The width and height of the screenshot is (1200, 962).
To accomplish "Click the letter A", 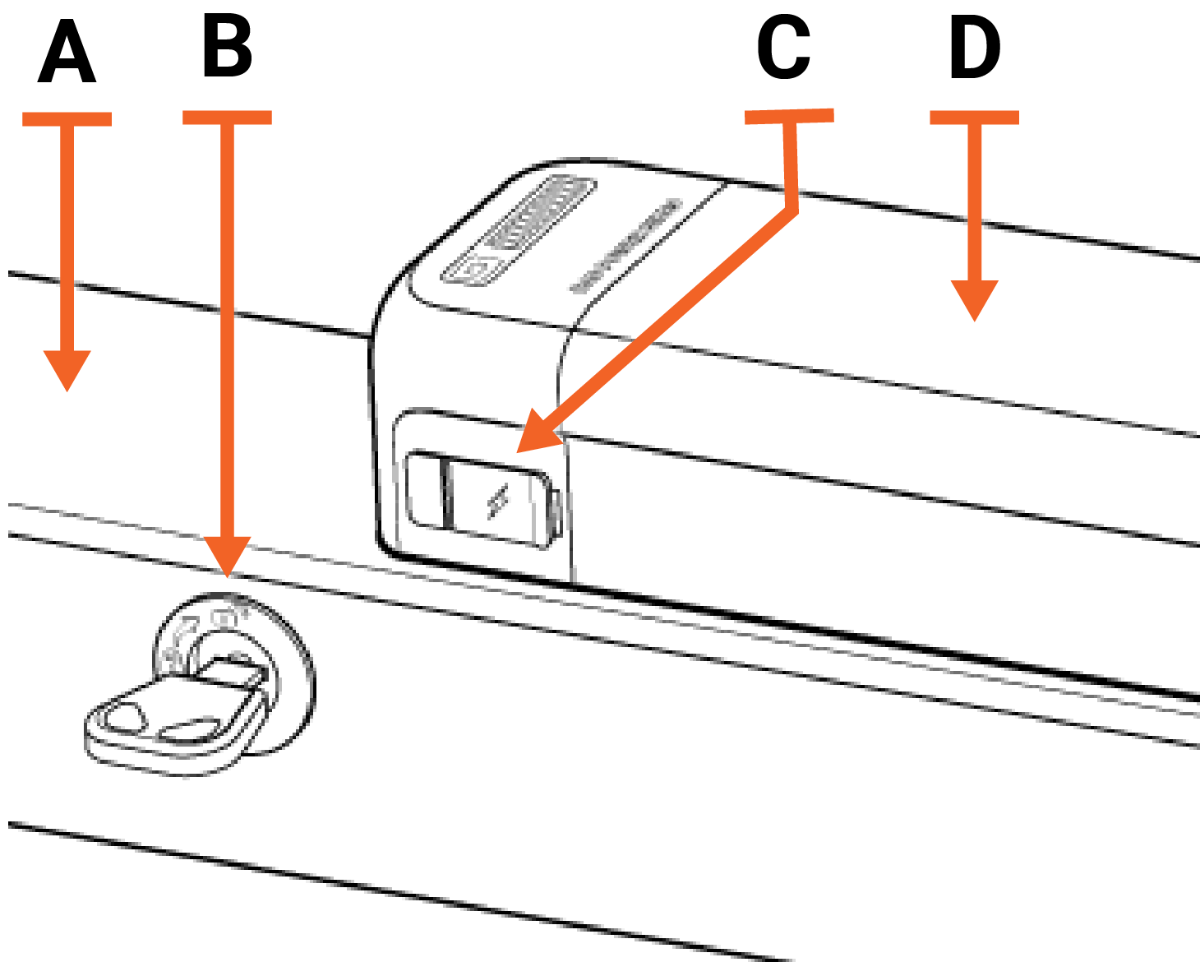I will pos(67,54).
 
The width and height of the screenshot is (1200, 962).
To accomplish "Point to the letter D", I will pos(975,51).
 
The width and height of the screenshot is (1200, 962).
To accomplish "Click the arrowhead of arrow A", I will pos(67,369).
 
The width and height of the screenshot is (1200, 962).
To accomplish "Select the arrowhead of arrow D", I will pos(975,299).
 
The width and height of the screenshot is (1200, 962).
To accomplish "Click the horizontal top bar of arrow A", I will pos(67,119).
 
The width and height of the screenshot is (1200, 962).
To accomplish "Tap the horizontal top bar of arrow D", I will pos(975,118).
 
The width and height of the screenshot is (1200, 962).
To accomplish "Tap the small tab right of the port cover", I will pos(556,511).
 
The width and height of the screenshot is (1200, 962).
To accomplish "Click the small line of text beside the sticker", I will pos(626,246).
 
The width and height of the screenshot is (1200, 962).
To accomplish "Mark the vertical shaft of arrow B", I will pos(228,329).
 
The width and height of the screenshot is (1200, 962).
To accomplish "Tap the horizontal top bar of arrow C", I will pos(789,116).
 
